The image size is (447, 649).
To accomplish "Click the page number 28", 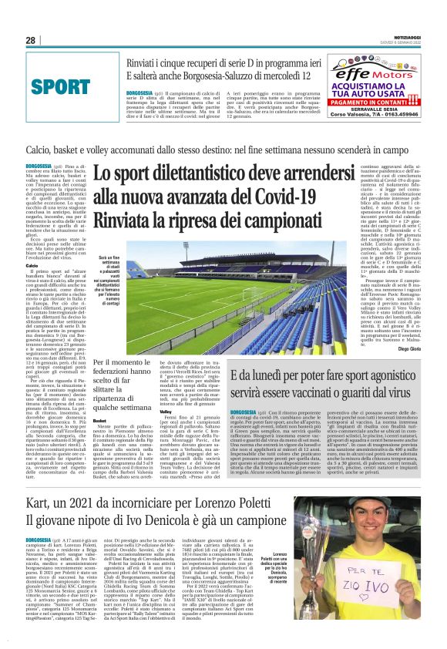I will pyautogui.click(x=31, y=40).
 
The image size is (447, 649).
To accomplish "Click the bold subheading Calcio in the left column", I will pyautogui.click(x=32, y=264).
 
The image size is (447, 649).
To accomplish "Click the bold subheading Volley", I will pyautogui.click(x=166, y=411).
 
